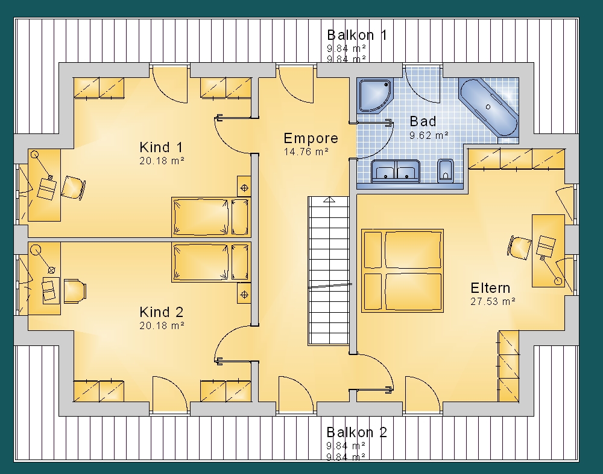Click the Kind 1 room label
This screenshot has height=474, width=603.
pos(161,147)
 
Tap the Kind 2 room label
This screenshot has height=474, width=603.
pos(162,312)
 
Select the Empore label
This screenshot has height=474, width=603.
pos(311,138)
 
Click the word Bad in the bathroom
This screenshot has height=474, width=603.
pos(423,121)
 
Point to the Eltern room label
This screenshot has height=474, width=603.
pos(490,288)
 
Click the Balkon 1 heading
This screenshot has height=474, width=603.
pos(357,35)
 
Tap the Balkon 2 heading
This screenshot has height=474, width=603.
pos(356,432)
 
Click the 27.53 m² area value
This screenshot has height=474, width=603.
pos(493,301)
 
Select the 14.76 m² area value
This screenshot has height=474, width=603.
pos(306,152)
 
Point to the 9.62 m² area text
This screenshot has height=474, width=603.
pos(429,135)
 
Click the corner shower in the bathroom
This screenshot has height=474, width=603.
pos(374,95)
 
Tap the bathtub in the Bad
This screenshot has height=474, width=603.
pos(488,107)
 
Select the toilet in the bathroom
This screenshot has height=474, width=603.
pos(446,171)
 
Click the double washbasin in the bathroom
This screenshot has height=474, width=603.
pos(396,171)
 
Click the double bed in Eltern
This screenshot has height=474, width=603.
pos(402,271)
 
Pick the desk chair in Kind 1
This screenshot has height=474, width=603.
pos(73,188)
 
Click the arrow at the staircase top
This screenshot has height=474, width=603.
pos(329,199)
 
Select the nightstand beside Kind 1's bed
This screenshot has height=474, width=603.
pos(244,188)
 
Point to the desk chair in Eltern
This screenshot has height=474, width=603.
pos(519,247)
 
